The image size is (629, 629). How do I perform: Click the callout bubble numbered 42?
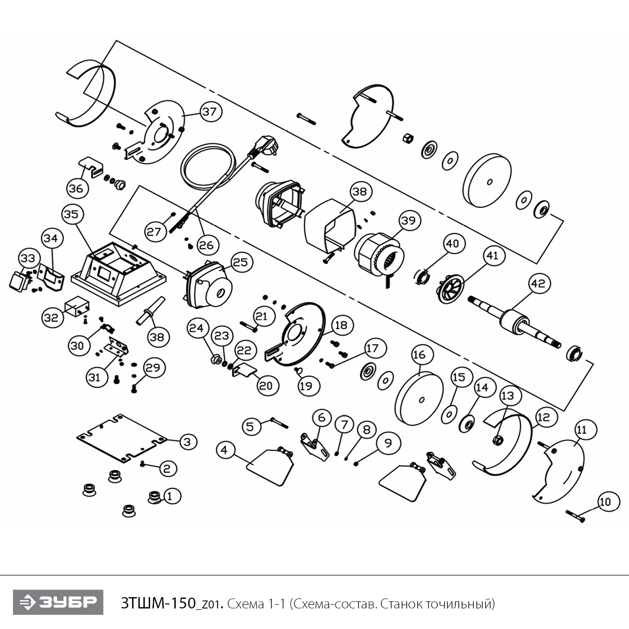tap(538, 283)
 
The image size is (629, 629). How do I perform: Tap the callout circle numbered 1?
tap(170, 496)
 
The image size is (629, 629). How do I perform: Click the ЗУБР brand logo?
tap(58, 602)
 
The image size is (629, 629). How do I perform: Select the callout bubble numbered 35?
tap(71, 214)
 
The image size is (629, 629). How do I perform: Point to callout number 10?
tap(606, 502)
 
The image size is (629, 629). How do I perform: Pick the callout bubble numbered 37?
tap(209, 112)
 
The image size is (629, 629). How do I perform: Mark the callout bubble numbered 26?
tap(206, 245)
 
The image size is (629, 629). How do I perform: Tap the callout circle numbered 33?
tap(28, 258)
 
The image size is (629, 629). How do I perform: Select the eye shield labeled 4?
tap(270, 465)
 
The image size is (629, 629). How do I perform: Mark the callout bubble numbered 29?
tap(153, 367)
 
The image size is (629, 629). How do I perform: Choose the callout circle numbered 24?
tap(196, 328)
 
